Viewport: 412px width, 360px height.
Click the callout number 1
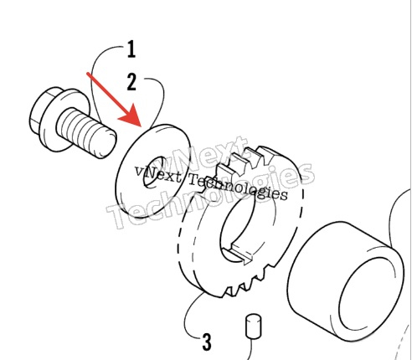point(131,49)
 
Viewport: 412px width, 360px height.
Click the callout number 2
point(131,82)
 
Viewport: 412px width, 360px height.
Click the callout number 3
point(207,342)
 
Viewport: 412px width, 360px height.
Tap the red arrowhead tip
point(141,126)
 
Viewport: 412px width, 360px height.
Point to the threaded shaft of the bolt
point(86,133)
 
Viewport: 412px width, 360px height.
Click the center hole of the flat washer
point(153,172)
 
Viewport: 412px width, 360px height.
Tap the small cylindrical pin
point(254,327)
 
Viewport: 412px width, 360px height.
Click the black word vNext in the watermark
point(157,174)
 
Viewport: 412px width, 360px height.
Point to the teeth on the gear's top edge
point(245,161)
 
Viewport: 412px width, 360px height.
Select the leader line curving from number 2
point(160,98)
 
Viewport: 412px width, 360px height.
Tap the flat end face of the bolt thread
point(106,143)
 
